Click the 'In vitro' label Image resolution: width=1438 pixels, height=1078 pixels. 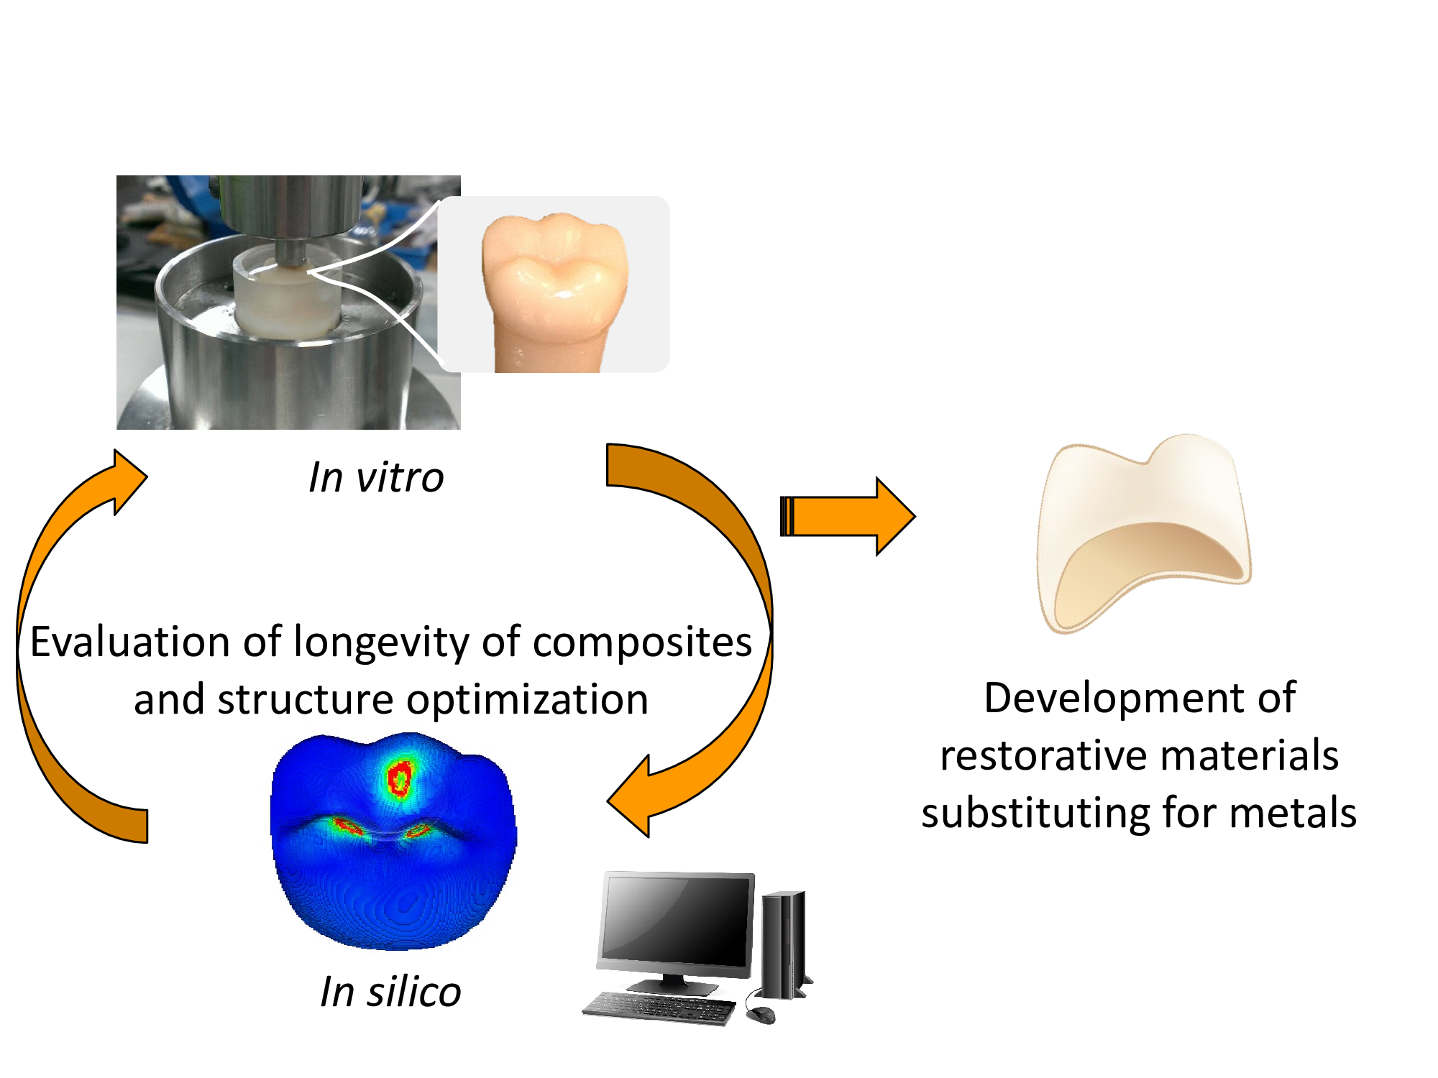[x=376, y=477]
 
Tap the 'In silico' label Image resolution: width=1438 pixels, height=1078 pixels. [x=390, y=992]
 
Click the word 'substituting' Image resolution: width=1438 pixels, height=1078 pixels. [x=1034, y=813]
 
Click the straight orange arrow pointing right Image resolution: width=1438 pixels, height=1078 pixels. [x=848, y=517]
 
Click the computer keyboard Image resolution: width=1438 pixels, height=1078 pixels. [x=658, y=1008]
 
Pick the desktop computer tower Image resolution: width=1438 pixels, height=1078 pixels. [x=784, y=945]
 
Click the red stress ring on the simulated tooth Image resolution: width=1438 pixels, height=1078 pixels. [x=399, y=778]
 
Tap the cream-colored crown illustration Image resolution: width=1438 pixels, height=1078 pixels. [x=1143, y=532]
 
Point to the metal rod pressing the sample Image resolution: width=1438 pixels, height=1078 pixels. [x=291, y=252]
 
